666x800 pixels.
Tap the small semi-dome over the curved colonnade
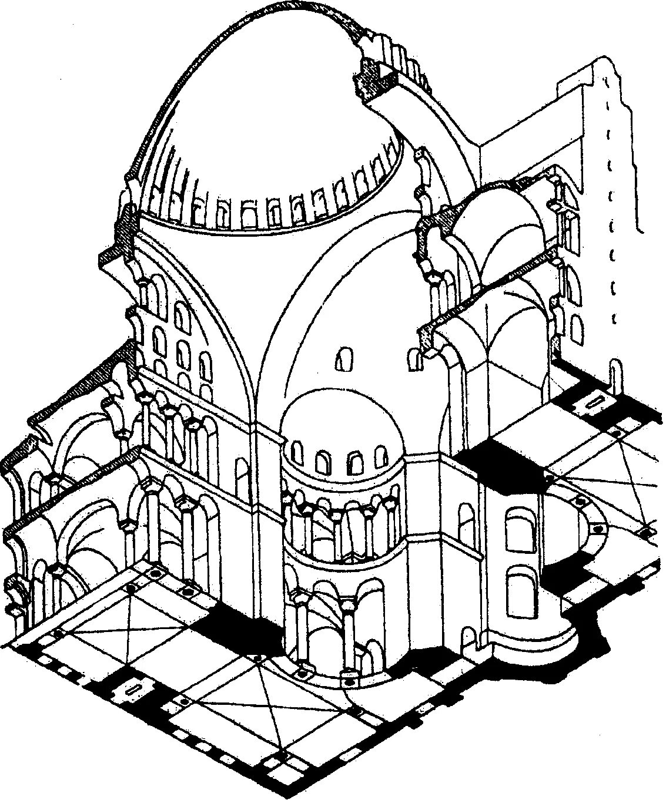(x=341, y=423)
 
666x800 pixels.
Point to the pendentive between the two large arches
(x=259, y=329)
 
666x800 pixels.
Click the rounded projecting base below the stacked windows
(x=529, y=646)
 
